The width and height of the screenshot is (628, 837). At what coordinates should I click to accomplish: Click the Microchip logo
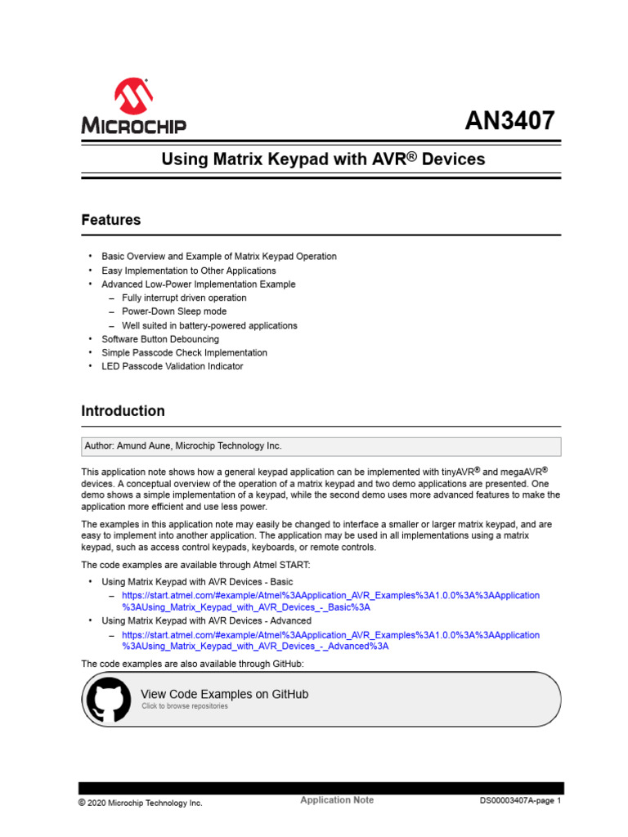tap(133, 107)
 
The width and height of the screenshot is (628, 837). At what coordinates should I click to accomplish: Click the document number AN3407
tap(509, 121)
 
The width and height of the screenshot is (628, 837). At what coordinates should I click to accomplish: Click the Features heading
tap(110, 220)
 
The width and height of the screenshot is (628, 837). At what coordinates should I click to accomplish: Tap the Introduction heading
tap(123, 411)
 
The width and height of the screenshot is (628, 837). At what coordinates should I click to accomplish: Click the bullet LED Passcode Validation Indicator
tap(172, 366)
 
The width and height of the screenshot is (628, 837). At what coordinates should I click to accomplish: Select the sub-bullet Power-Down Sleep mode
tap(174, 311)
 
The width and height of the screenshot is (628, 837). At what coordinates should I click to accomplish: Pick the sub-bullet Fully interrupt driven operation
tap(184, 298)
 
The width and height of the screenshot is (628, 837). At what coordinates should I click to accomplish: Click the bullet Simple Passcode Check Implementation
tap(184, 352)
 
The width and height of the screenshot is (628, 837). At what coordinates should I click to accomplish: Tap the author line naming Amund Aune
tap(183, 446)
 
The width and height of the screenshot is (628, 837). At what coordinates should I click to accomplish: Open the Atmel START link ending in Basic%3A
tap(330, 601)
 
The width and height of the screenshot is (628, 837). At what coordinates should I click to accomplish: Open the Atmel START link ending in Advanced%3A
tap(330, 640)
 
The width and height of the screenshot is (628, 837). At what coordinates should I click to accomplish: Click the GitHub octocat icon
tap(109, 701)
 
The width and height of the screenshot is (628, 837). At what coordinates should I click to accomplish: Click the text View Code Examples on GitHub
tap(225, 694)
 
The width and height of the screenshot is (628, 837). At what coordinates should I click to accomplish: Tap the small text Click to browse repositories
tap(184, 706)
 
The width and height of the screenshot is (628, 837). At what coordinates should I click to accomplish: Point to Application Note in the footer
tap(337, 800)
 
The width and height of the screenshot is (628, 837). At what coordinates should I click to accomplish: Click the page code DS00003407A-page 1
tap(520, 802)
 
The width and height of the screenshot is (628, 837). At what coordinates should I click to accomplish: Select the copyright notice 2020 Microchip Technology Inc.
tap(140, 803)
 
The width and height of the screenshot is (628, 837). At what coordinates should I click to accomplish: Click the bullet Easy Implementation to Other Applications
tap(188, 271)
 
